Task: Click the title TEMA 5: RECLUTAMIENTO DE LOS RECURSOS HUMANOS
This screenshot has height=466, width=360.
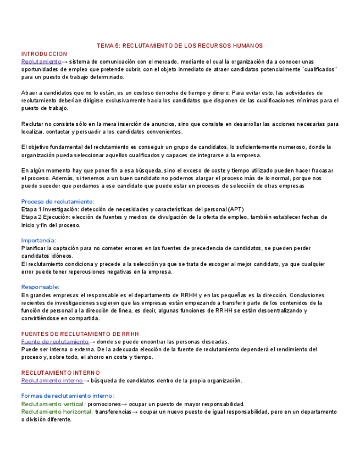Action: point(180,46)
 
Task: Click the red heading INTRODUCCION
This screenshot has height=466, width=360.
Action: point(44,54)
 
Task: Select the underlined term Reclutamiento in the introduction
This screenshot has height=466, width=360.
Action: point(41,62)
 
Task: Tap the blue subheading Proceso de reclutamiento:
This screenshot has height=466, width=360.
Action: point(58,202)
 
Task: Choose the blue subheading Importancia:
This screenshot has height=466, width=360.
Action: point(38,240)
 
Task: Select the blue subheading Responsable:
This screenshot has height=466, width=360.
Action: point(40,287)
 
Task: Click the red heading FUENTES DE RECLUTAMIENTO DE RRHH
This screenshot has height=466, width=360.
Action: point(80,334)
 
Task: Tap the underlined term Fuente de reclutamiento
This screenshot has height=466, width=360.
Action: point(54,341)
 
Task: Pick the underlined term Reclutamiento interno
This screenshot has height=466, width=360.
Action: point(52,380)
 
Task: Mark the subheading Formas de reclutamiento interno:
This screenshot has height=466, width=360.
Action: point(68,396)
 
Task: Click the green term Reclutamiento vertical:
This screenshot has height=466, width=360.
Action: point(53,404)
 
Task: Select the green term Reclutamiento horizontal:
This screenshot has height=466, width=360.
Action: point(57,412)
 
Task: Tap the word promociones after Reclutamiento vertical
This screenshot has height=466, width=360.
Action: point(104,404)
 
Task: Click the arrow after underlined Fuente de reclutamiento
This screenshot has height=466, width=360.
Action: point(92,341)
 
